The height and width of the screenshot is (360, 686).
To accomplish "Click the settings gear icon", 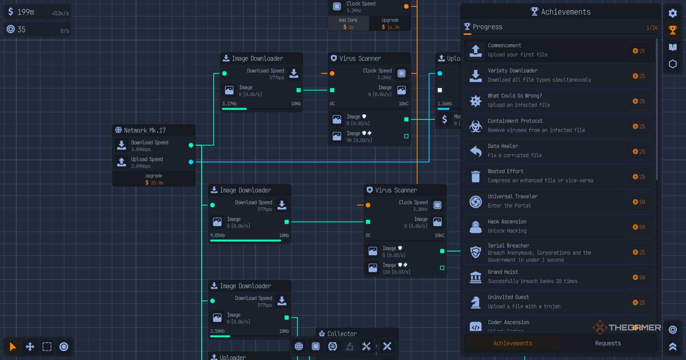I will click(x=672, y=13).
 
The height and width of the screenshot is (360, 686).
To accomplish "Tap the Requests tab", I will click(x=607, y=343).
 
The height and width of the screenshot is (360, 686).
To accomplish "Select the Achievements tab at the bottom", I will click(x=513, y=343).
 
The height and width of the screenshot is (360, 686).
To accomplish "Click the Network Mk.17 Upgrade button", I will click(x=154, y=179).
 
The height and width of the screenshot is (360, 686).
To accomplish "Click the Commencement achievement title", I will click(x=504, y=45).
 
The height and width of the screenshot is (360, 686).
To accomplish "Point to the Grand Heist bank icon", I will click(x=476, y=277).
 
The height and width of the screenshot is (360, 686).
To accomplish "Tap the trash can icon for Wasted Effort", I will click(x=476, y=176).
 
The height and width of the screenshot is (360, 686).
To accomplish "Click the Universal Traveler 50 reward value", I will click(x=639, y=202).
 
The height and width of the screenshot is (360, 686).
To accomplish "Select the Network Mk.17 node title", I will click(x=145, y=131).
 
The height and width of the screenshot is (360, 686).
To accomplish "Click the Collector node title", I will click(x=342, y=334).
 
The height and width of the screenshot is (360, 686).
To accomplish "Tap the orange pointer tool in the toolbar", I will click(x=13, y=347).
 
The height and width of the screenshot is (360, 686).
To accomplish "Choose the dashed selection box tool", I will click(x=47, y=347).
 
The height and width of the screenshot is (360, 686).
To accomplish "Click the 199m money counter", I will click(x=26, y=12).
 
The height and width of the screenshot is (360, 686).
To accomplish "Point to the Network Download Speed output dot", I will click(x=191, y=145).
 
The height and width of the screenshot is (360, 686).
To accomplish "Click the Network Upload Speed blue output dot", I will click(x=191, y=162).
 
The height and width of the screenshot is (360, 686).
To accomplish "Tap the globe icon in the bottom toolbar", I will click(x=299, y=346).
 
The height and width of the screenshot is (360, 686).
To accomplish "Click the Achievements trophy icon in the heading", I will click(x=534, y=12).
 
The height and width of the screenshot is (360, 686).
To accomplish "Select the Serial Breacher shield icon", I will click(x=476, y=252).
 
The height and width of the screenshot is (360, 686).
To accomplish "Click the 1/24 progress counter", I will click(x=651, y=28).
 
